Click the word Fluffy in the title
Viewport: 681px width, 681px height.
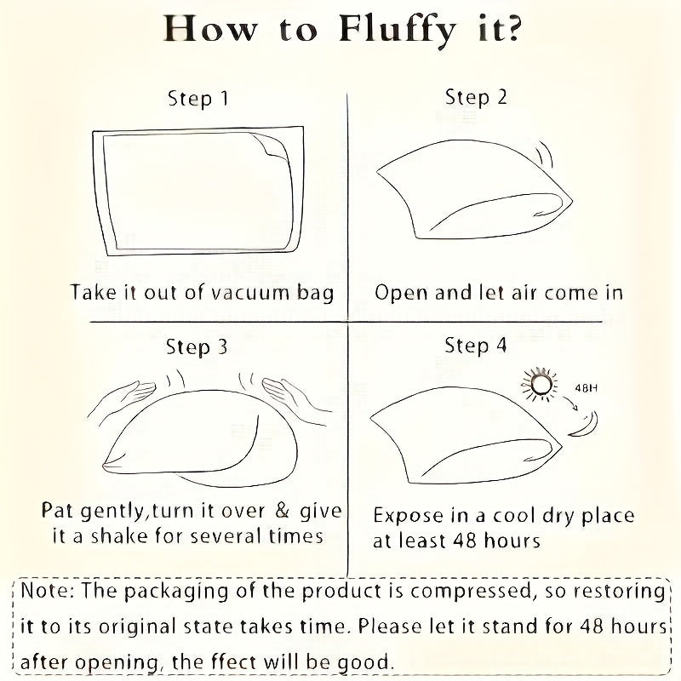pyautogui.click(x=397, y=31)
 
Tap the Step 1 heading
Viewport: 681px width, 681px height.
pyautogui.click(x=198, y=99)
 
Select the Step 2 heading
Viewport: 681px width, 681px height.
pyautogui.click(x=476, y=98)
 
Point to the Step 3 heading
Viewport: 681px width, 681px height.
pyautogui.click(x=197, y=347)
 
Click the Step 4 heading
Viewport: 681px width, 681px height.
pyautogui.click(x=476, y=346)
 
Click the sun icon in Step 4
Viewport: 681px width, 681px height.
pyautogui.click(x=540, y=385)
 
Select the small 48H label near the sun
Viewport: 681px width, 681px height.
pyautogui.click(x=586, y=388)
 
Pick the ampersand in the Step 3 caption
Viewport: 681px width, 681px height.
pyautogui.click(x=283, y=511)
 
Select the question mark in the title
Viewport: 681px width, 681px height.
pyautogui.click(x=512, y=30)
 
